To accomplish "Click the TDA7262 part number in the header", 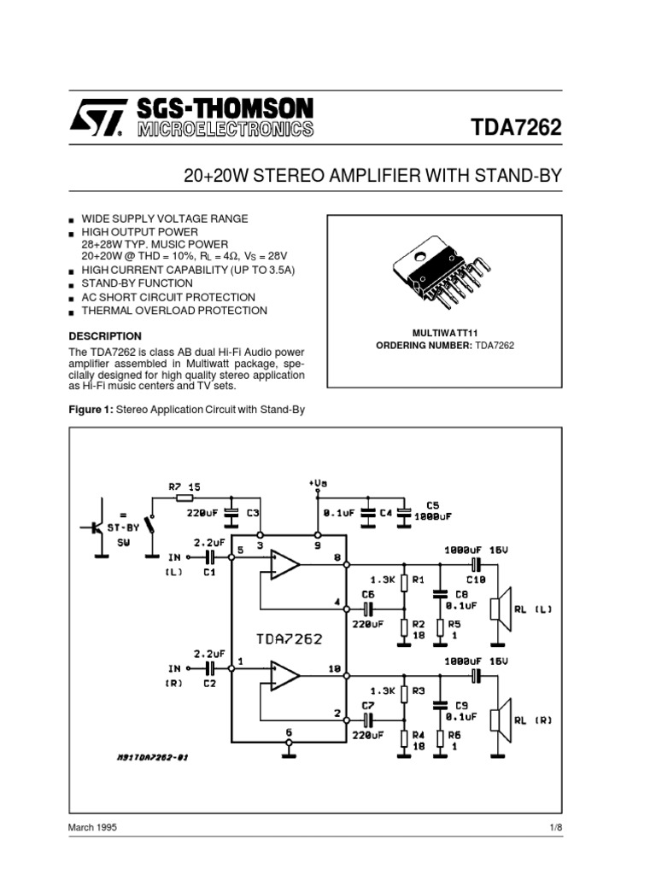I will pyautogui.click(x=517, y=128).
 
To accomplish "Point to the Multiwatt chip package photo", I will pyautogui.click(x=443, y=271).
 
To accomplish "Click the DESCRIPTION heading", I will pyautogui.click(x=104, y=336).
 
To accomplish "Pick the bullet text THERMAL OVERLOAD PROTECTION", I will pyautogui.click(x=173, y=311).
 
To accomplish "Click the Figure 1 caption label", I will pyautogui.click(x=90, y=410).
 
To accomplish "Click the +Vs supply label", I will pyautogui.click(x=318, y=483).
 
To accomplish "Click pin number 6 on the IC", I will pyautogui.click(x=289, y=732).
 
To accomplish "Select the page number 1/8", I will pyautogui.click(x=553, y=828).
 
